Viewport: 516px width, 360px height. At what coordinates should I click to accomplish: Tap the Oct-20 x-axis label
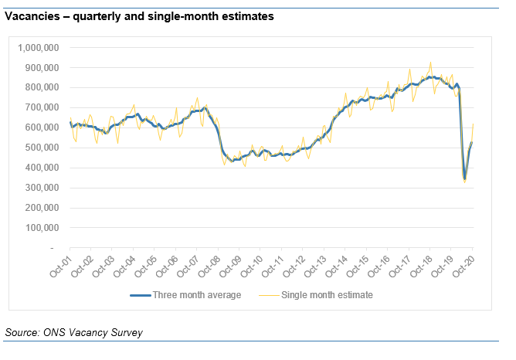pyautogui.click(x=464, y=266)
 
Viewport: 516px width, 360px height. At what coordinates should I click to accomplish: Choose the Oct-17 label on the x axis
pyautogui.click(x=401, y=266)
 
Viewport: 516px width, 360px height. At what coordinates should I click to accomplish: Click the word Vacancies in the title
pyautogui.click(x=32, y=15)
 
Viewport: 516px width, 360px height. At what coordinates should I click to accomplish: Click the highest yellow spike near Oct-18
pyautogui.click(x=430, y=63)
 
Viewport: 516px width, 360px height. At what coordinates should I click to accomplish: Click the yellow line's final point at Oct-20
pyautogui.click(x=473, y=124)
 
